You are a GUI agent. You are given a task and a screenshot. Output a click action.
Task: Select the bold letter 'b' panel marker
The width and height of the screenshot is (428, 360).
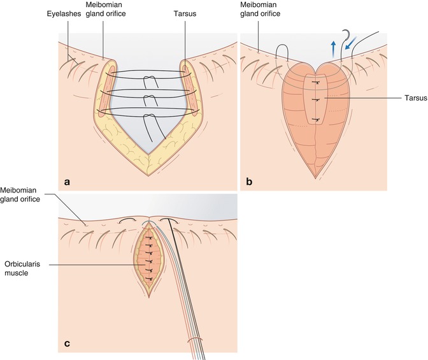(x=249, y=182)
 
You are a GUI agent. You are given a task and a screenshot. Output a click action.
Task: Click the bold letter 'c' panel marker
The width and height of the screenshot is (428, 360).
(x=67, y=345)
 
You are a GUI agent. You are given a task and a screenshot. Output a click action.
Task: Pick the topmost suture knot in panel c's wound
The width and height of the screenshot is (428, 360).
(x=148, y=237)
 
